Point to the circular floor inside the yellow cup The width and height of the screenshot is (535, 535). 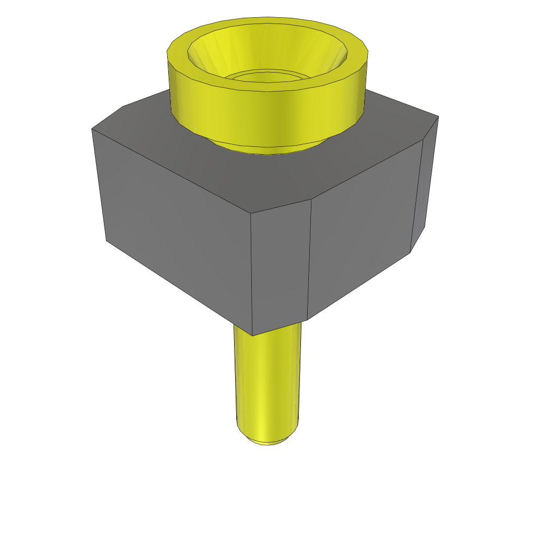[266, 76]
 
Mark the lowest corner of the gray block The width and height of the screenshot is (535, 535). [252, 335]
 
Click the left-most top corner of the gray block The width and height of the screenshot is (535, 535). [92, 129]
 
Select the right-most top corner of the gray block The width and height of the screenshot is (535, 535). [438, 116]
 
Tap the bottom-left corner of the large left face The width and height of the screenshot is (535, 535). [107, 241]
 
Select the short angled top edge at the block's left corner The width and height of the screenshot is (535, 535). [107, 118]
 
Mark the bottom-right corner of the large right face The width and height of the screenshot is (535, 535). [410, 252]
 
